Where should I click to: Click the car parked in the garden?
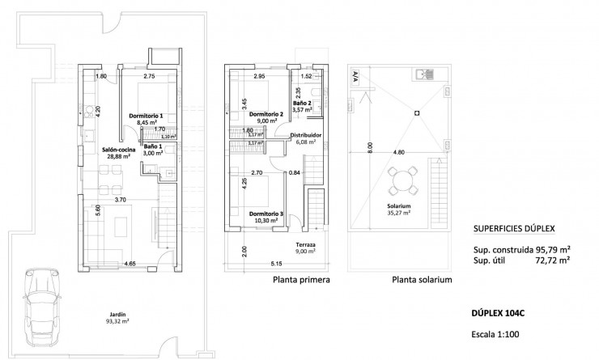(x=40, y=307)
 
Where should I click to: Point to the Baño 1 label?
(x=153, y=149)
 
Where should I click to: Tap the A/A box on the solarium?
(x=355, y=78)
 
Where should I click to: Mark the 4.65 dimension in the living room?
(x=130, y=264)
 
